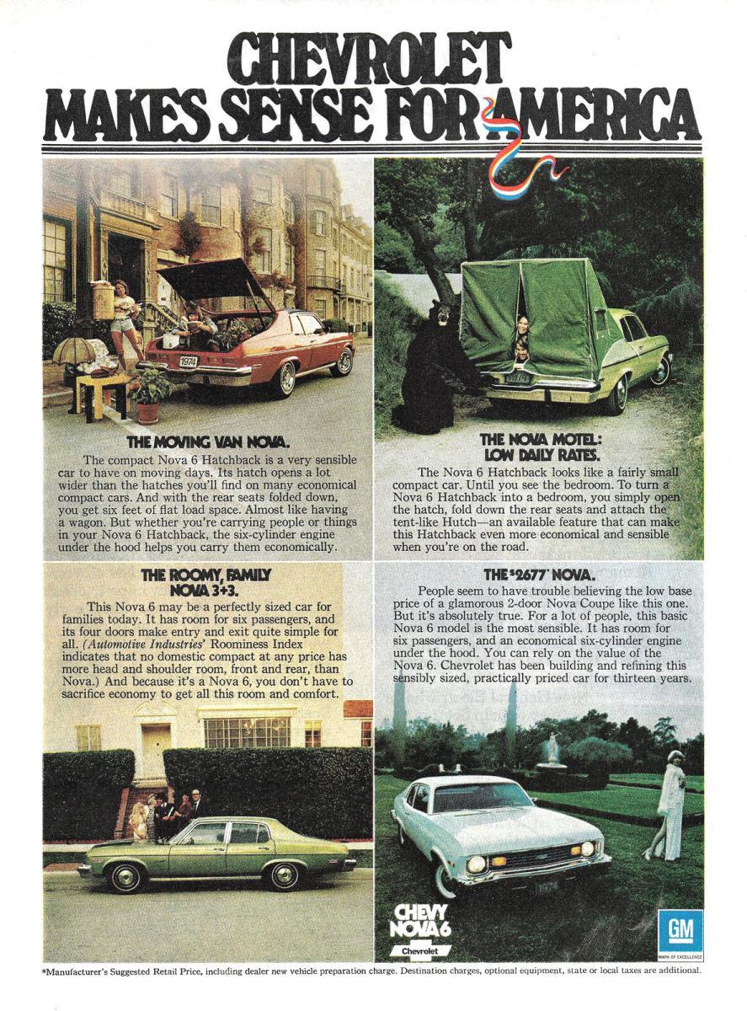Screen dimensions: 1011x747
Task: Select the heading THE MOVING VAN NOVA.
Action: pos(207,441)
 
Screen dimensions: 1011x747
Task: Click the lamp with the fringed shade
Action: pos(73,352)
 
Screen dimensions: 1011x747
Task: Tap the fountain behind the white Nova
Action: pos(552,751)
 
